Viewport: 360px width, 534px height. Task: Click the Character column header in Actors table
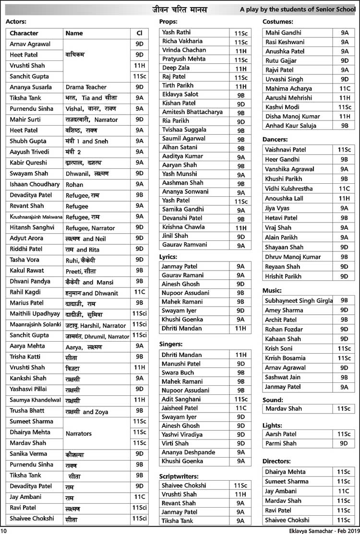(x=24, y=34)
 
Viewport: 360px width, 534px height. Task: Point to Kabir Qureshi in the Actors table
(x=29, y=163)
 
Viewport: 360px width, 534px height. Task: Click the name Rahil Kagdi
(x=25, y=292)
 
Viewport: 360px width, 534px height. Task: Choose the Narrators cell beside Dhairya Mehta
(x=78, y=433)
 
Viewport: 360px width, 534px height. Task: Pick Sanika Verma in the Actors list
(x=28, y=454)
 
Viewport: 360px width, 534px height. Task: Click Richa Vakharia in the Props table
(x=182, y=41)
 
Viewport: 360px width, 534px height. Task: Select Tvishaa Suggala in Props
(x=184, y=130)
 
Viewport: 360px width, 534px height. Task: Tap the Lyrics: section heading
(x=168, y=257)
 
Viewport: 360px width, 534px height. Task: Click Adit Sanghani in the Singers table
(x=181, y=399)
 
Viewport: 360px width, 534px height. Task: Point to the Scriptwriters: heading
(x=179, y=476)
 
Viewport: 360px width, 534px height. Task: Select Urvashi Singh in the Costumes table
(x=285, y=79)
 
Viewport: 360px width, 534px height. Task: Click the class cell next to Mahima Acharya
(x=344, y=89)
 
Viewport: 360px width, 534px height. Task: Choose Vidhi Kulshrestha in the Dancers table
(x=288, y=189)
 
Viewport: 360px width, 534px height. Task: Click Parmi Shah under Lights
(x=281, y=444)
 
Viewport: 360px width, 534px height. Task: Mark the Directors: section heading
(x=277, y=462)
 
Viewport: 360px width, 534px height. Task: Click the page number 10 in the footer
(x=4, y=530)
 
